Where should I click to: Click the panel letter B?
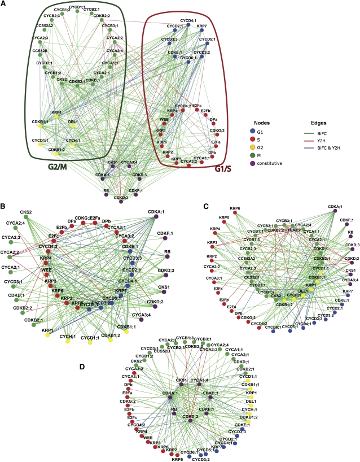pos(5,199)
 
